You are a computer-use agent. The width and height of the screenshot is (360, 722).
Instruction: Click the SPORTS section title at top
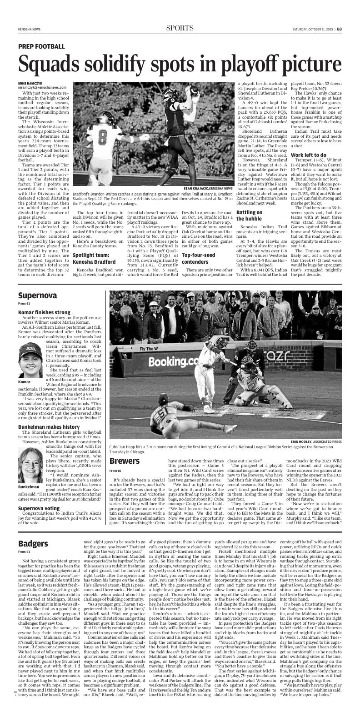click(x=180, y=28)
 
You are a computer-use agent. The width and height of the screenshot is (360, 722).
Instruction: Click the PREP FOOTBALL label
click(x=41, y=46)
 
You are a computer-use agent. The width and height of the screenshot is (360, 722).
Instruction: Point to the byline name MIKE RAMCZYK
click(x=30, y=83)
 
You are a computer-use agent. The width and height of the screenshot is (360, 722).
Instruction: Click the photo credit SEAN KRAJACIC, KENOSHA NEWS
click(x=208, y=188)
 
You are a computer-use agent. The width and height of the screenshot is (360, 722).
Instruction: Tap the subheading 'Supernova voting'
click(x=39, y=508)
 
